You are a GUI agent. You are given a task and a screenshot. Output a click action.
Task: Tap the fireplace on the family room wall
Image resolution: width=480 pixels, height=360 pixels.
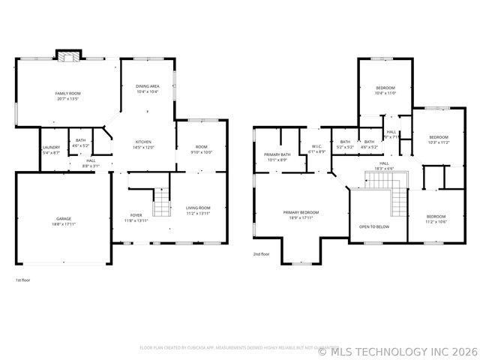point(69,56)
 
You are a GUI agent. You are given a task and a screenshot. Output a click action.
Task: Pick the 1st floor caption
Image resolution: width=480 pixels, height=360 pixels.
point(23,280)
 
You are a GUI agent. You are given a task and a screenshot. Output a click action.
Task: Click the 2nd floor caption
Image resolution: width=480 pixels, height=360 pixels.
point(262,254)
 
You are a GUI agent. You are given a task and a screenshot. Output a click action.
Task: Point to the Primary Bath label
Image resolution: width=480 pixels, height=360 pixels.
point(276,157)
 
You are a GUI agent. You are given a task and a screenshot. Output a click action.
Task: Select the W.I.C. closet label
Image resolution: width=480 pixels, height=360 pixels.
point(316,148)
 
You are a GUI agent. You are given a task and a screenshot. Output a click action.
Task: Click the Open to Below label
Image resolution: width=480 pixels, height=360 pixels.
point(373,226)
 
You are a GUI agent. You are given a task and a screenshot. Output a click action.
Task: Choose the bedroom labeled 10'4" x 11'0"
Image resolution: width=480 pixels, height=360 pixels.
point(385,90)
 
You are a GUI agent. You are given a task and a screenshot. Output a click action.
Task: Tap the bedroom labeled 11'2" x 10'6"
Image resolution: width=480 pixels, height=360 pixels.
point(436,219)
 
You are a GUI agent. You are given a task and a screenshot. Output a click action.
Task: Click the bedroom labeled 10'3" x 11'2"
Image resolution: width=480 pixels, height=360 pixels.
point(439,139)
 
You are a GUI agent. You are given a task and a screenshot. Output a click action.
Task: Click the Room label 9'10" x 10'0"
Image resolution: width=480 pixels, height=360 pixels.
point(202,149)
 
